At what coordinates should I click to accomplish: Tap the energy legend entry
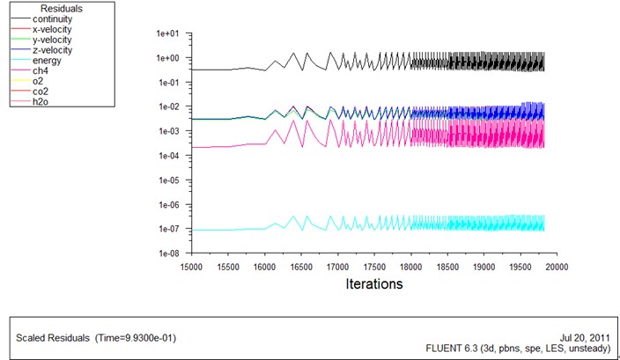(x=45, y=61)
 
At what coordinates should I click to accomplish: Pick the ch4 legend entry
(x=40, y=71)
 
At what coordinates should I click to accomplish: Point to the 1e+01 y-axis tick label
(x=167, y=33)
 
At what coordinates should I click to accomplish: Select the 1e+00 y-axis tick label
(x=167, y=58)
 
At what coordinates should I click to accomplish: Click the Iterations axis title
(x=373, y=284)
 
